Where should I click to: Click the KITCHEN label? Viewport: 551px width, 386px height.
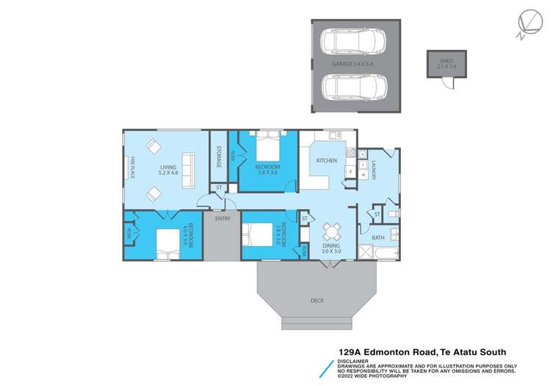point(326,160)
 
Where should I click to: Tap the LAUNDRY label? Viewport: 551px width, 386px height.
point(374,171)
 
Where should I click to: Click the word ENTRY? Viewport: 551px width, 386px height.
point(222,219)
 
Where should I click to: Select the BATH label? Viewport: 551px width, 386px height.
point(378,237)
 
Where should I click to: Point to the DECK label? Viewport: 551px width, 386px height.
point(317,300)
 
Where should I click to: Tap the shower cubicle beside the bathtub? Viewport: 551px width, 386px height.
point(363,253)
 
